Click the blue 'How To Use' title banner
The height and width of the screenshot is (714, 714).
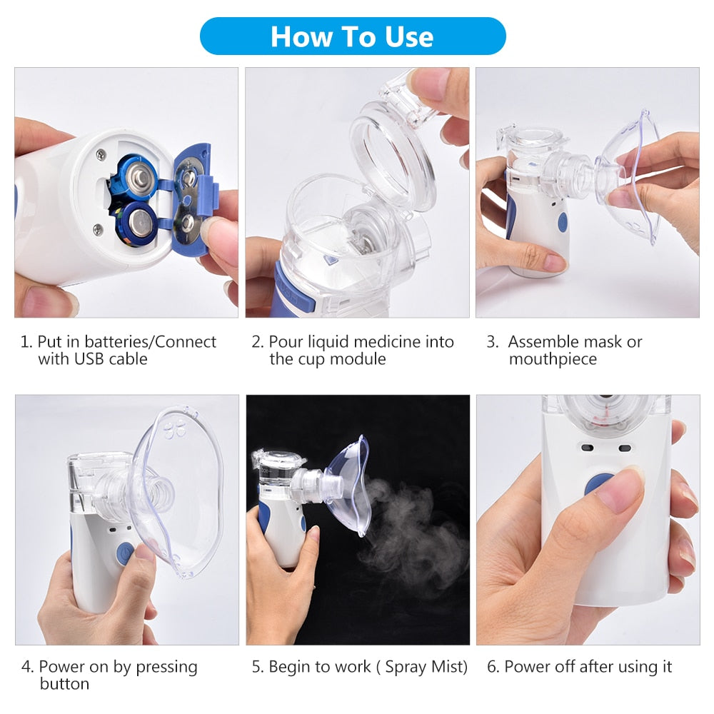[352, 36]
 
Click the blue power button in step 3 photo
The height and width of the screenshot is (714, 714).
[563, 223]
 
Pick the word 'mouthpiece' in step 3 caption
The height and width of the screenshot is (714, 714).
[553, 359]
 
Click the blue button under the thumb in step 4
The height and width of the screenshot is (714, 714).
[125, 553]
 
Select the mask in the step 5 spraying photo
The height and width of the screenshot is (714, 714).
[350, 486]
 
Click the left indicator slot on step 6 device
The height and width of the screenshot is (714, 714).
[587, 448]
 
